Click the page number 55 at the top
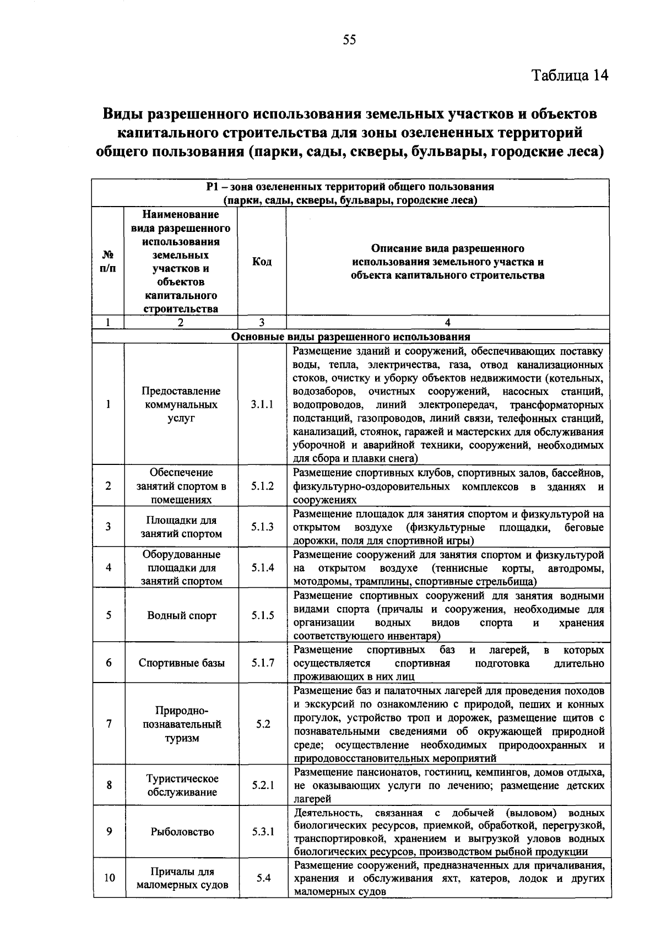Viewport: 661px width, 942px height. click(350, 39)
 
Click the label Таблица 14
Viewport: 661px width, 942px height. click(570, 75)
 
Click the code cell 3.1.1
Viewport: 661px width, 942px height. click(262, 404)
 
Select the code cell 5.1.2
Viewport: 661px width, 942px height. click(262, 486)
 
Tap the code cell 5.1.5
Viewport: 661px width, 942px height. click(263, 615)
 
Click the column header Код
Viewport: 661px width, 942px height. click(262, 262)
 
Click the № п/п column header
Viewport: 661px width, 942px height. click(108, 262)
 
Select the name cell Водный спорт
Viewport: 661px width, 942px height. click(182, 615)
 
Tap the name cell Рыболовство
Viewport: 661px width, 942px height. click(182, 832)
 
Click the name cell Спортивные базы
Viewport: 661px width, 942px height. click(182, 663)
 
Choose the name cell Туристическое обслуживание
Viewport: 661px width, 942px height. click(182, 785)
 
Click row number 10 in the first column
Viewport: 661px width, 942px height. click(109, 878)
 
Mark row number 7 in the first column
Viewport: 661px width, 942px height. click(109, 724)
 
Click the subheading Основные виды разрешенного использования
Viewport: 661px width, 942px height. click(351, 337)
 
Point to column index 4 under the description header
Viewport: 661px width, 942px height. click(447, 323)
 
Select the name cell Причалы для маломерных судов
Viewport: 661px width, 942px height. click(182, 878)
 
